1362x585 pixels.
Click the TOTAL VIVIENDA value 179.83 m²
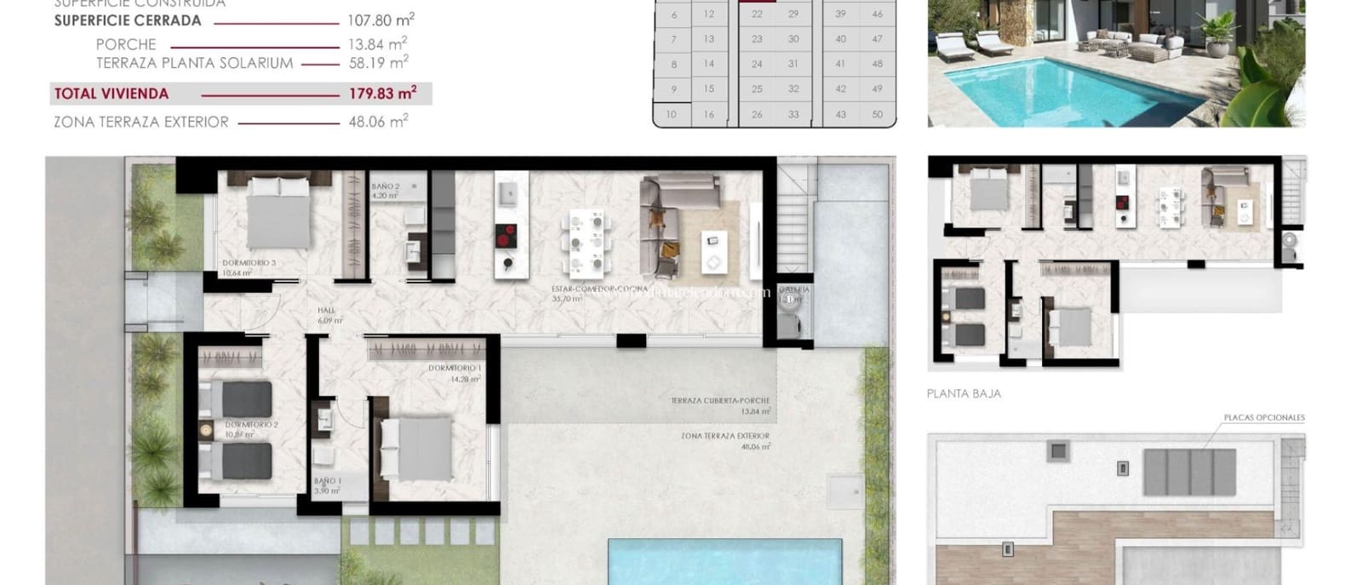(x=382, y=94)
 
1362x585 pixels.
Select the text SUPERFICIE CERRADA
(x=128, y=20)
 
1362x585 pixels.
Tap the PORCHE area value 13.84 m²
(x=377, y=44)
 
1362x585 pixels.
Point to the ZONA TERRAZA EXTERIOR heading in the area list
(x=141, y=122)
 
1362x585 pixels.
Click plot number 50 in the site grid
(x=877, y=114)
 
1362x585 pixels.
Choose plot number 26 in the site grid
(x=757, y=114)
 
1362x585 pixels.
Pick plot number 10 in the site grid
(x=672, y=114)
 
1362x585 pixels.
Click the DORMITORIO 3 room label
(x=249, y=263)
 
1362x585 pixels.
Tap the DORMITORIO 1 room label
(x=455, y=368)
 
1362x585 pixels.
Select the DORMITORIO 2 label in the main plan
(x=252, y=424)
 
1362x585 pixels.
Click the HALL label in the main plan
(x=327, y=311)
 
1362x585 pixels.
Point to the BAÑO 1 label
(x=328, y=481)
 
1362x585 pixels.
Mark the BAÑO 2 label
(x=386, y=186)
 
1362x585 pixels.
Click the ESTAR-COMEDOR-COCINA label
(x=599, y=290)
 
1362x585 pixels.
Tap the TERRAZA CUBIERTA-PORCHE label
(x=720, y=400)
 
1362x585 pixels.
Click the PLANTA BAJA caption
(x=964, y=393)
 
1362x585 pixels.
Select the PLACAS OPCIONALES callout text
(x=1263, y=417)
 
